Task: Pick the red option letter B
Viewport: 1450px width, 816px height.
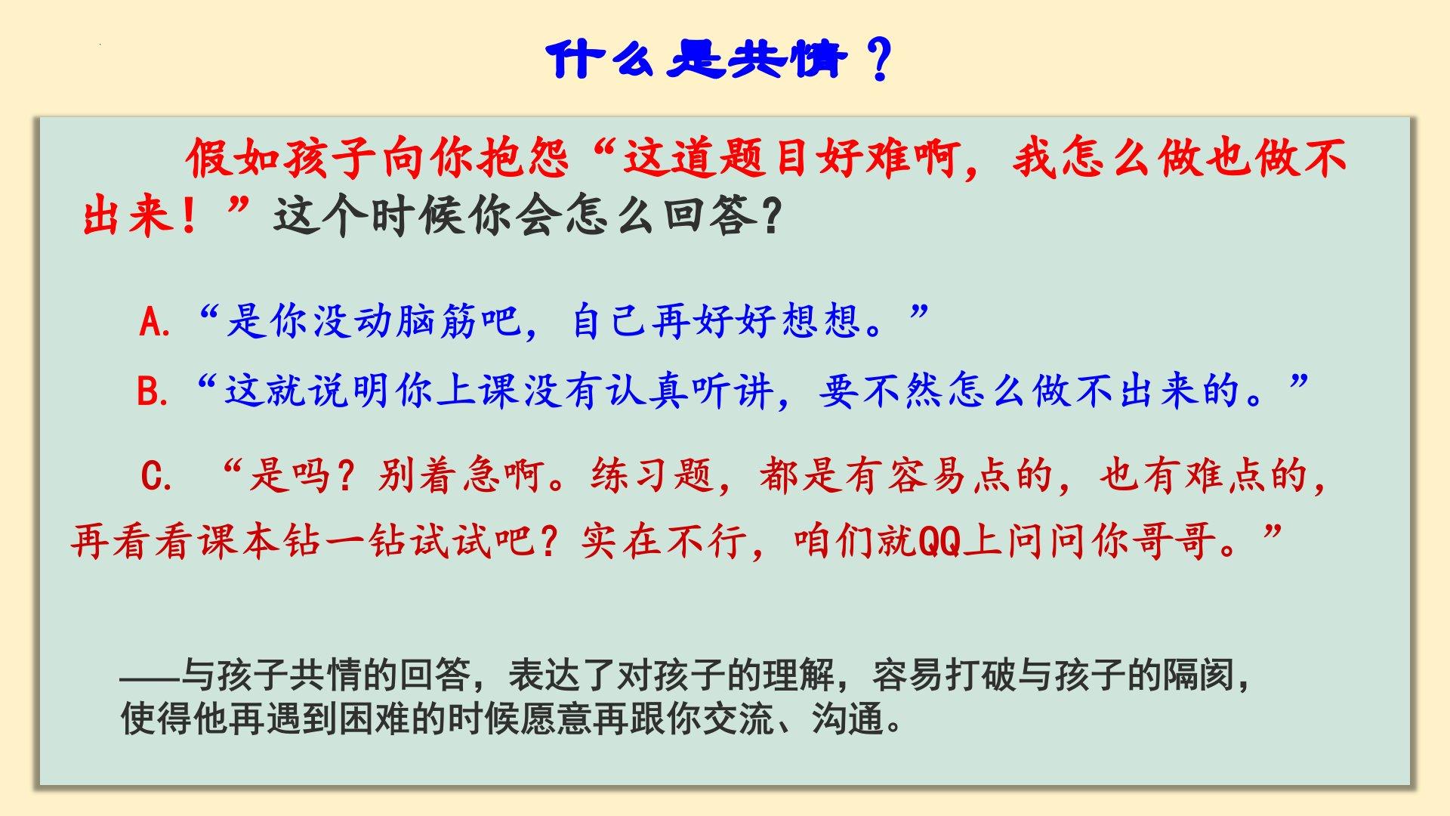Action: [152, 392]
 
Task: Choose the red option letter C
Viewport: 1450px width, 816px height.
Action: [156, 477]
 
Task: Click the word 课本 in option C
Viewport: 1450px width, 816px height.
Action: [240, 541]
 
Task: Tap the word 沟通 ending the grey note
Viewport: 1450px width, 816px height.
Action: [847, 719]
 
